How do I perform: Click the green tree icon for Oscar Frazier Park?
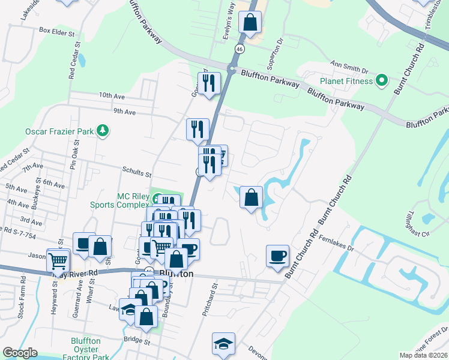click(x=104, y=130)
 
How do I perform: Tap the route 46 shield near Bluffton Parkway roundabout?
click(x=239, y=49)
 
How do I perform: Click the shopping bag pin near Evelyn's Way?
click(x=249, y=23)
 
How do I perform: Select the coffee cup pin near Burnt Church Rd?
click(x=277, y=256)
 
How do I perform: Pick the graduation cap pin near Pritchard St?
click(x=223, y=344)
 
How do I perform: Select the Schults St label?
click(x=137, y=174)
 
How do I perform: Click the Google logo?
click(x=20, y=353)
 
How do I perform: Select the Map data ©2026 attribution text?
click(x=424, y=355)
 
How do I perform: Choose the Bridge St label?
click(x=136, y=340)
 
